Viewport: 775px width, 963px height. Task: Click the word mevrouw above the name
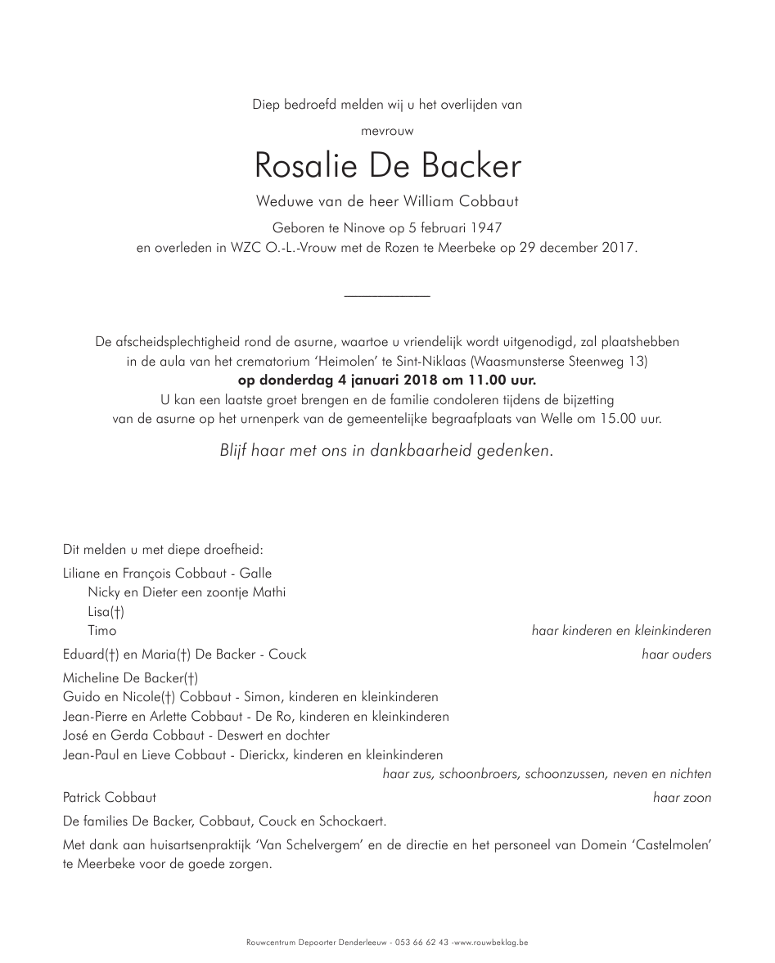(x=387, y=130)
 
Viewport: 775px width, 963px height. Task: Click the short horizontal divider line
(x=387, y=295)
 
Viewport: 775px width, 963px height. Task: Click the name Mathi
(x=269, y=592)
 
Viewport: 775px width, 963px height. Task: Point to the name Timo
(x=102, y=631)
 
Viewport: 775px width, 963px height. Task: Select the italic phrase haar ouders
(x=676, y=655)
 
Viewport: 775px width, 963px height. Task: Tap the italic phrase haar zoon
(x=682, y=798)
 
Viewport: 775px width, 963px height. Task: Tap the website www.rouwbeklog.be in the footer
(x=491, y=943)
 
